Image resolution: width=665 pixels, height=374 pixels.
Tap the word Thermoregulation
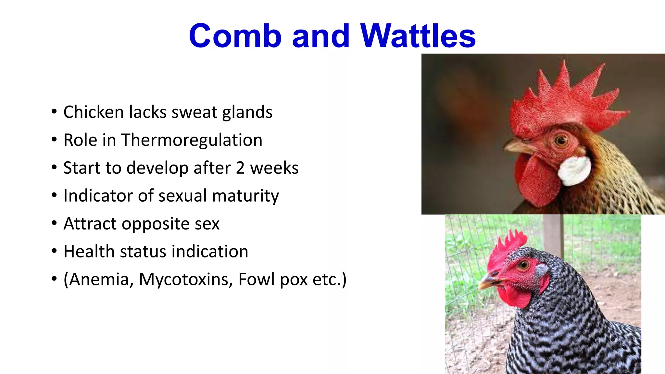pyautogui.click(x=192, y=140)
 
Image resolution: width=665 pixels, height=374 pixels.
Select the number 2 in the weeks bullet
pyautogui.click(x=240, y=168)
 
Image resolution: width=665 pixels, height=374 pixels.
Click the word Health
pyautogui.click(x=89, y=252)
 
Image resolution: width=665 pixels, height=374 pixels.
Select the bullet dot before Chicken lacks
pyautogui.click(x=54, y=112)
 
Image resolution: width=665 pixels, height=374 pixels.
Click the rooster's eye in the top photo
pyautogui.click(x=560, y=141)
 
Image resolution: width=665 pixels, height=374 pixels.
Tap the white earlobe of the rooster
pyautogui.click(x=575, y=170)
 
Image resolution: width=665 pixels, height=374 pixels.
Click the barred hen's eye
pyautogui.click(x=524, y=265)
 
